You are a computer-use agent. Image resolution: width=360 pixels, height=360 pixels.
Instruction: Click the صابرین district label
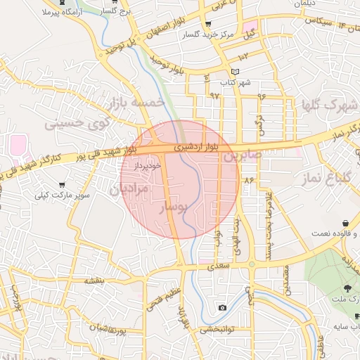point(243,155)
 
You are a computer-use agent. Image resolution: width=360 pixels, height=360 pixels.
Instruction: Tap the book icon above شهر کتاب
point(236,72)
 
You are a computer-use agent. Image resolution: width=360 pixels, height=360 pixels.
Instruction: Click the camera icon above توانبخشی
point(222,307)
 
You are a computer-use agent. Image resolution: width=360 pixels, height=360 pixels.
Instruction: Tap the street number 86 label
point(248,181)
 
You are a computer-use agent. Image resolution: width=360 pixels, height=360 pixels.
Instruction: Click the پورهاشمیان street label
point(127,328)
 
